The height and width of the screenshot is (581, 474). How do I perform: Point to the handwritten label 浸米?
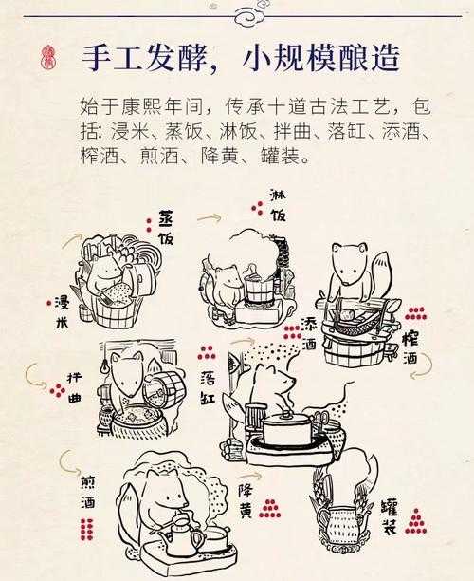pyautogui.click(x=64, y=312)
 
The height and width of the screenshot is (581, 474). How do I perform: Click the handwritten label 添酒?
pyautogui.click(x=308, y=333)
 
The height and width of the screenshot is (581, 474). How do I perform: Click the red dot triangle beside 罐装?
pyautogui.click(x=415, y=518)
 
